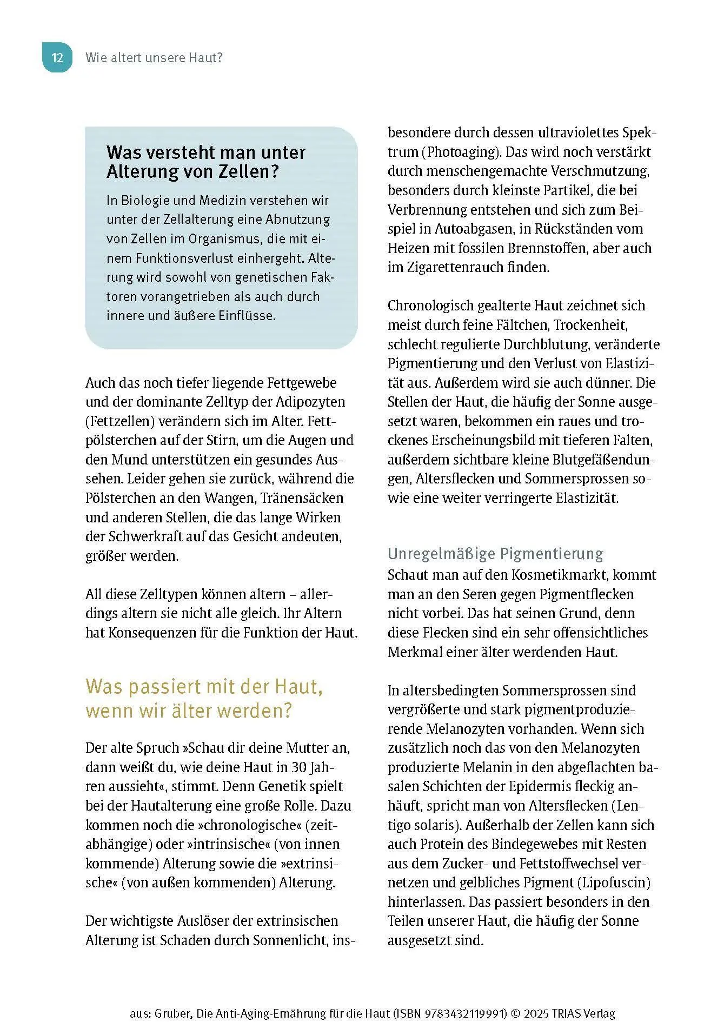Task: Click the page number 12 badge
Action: pos(57,58)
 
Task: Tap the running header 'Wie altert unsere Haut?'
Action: pos(154,58)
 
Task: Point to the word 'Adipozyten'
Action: pos(310,402)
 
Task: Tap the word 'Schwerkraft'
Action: pos(144,536)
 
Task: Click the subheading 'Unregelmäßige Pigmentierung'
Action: pos(495,554)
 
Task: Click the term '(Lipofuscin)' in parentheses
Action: pos(614,882)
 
